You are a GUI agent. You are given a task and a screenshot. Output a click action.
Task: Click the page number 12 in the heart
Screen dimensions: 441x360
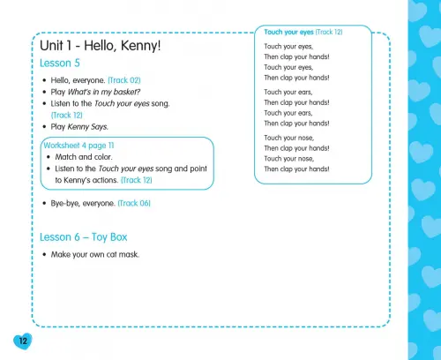pyautogui.click(x=23, y=341)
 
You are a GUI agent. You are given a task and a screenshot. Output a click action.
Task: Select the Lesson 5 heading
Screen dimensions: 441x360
pyautogui.click(x=60, y=63)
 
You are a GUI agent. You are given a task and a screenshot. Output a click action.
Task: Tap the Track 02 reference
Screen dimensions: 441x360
pyautogui.click(x=124, y=80)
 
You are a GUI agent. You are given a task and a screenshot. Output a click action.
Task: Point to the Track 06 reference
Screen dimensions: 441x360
pyautogui.click(x=134, y=203)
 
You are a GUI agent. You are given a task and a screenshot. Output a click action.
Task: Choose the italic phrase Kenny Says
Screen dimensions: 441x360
pyautogui.click(x=87, y=127)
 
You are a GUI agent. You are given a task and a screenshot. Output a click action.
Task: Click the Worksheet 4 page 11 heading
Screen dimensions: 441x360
pyautogui.click(x=78, y=146)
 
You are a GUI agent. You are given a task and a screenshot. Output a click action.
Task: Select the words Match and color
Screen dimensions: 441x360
pyautogui.click(x=84, y=157)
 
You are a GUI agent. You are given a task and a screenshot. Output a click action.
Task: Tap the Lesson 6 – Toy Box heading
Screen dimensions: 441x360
pyautogui.click(x=84, y=237)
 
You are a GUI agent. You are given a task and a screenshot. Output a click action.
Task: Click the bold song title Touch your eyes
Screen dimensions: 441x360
pyautogui.click(x=288, y=32)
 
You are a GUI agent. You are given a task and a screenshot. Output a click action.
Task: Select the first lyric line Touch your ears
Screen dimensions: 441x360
pyautogui.click(x=288, y=92)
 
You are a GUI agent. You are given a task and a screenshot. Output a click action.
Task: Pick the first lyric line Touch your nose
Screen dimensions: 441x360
pyautogui.click(x=289, y=138)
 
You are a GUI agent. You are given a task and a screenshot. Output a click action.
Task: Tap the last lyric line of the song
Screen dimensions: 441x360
pyautogui.click(x=296, y=169)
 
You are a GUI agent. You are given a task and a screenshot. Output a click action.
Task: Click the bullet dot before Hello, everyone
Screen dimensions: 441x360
pyautogui.click(x=45, y=80)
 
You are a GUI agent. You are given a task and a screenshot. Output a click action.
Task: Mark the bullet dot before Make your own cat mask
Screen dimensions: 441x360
pyautogui.click(x=45, y=255)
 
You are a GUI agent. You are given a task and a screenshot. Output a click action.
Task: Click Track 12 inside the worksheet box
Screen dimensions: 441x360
pyautogui.click(x=137, y=180)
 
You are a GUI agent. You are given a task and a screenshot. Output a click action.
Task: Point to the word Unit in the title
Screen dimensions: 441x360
pyautogui.click(x=51, y=46)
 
